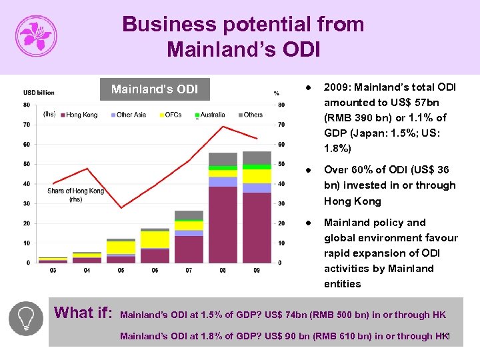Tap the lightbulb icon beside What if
[x=26, y=318]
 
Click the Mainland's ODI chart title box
[x=154, y=89]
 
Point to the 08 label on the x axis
[x=223, y=270]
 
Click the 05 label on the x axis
[x=121, y=270]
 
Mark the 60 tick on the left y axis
[x=26, y=144]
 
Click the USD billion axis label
[x=39, y=92]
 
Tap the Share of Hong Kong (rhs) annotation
[x=75, y=195]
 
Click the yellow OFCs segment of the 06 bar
[x=155, y=239]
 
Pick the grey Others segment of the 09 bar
[x=257, y=157]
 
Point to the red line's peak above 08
[x=223, y=126]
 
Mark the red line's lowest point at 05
[x=121, y=208]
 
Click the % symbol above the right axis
[x=275, y=93]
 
